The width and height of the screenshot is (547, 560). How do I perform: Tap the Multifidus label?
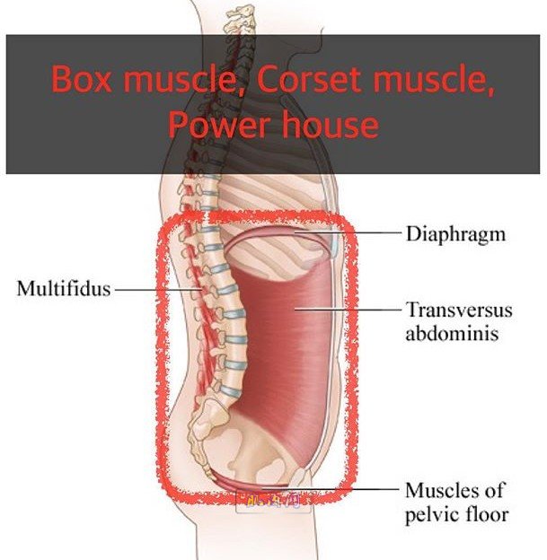(64, 288)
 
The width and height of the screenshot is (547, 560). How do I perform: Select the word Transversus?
(459, 310)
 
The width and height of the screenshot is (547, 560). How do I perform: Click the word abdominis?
(452, 334)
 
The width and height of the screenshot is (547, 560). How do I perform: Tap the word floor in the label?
(487, 514)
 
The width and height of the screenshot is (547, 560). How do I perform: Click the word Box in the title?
(81, 79)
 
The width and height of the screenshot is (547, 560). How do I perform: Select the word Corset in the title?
(308, 79)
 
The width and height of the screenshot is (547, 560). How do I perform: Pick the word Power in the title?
(219, 125)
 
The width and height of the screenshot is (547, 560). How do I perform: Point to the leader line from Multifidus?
(158, 290)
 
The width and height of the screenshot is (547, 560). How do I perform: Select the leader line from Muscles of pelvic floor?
(331, 487)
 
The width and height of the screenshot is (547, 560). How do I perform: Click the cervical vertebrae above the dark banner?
(240, 21)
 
